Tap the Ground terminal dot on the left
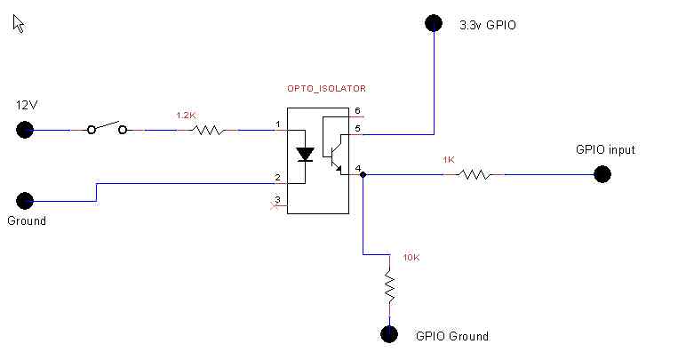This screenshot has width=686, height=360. (x=26, y=201)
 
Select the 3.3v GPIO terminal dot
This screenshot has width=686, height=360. (x=433, y=24)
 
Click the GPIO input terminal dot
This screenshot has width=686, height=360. (x=602, y=174)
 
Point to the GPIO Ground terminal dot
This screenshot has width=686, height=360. (x=388, y=334)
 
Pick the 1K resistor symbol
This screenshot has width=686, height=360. (x=474, y=174)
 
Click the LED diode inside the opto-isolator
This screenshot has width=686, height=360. (x=306, y=154)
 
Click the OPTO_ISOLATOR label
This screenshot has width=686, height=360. (x=326, y=89)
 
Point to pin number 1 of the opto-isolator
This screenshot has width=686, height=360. (x=278, y=124)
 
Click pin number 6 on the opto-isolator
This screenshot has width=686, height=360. (x=357, y=111)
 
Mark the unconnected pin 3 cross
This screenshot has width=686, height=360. (x=274, y=205)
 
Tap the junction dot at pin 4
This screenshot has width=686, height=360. (x=364, y=175)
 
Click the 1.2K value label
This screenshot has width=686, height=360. (x=186, y=116)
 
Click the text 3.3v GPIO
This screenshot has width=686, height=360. (x=487, y=26)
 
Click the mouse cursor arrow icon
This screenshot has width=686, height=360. (x=18, y=24)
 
